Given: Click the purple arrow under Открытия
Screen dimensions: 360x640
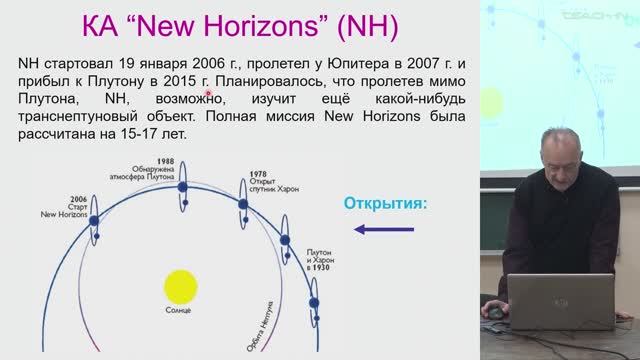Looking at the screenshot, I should click(384, 233).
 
